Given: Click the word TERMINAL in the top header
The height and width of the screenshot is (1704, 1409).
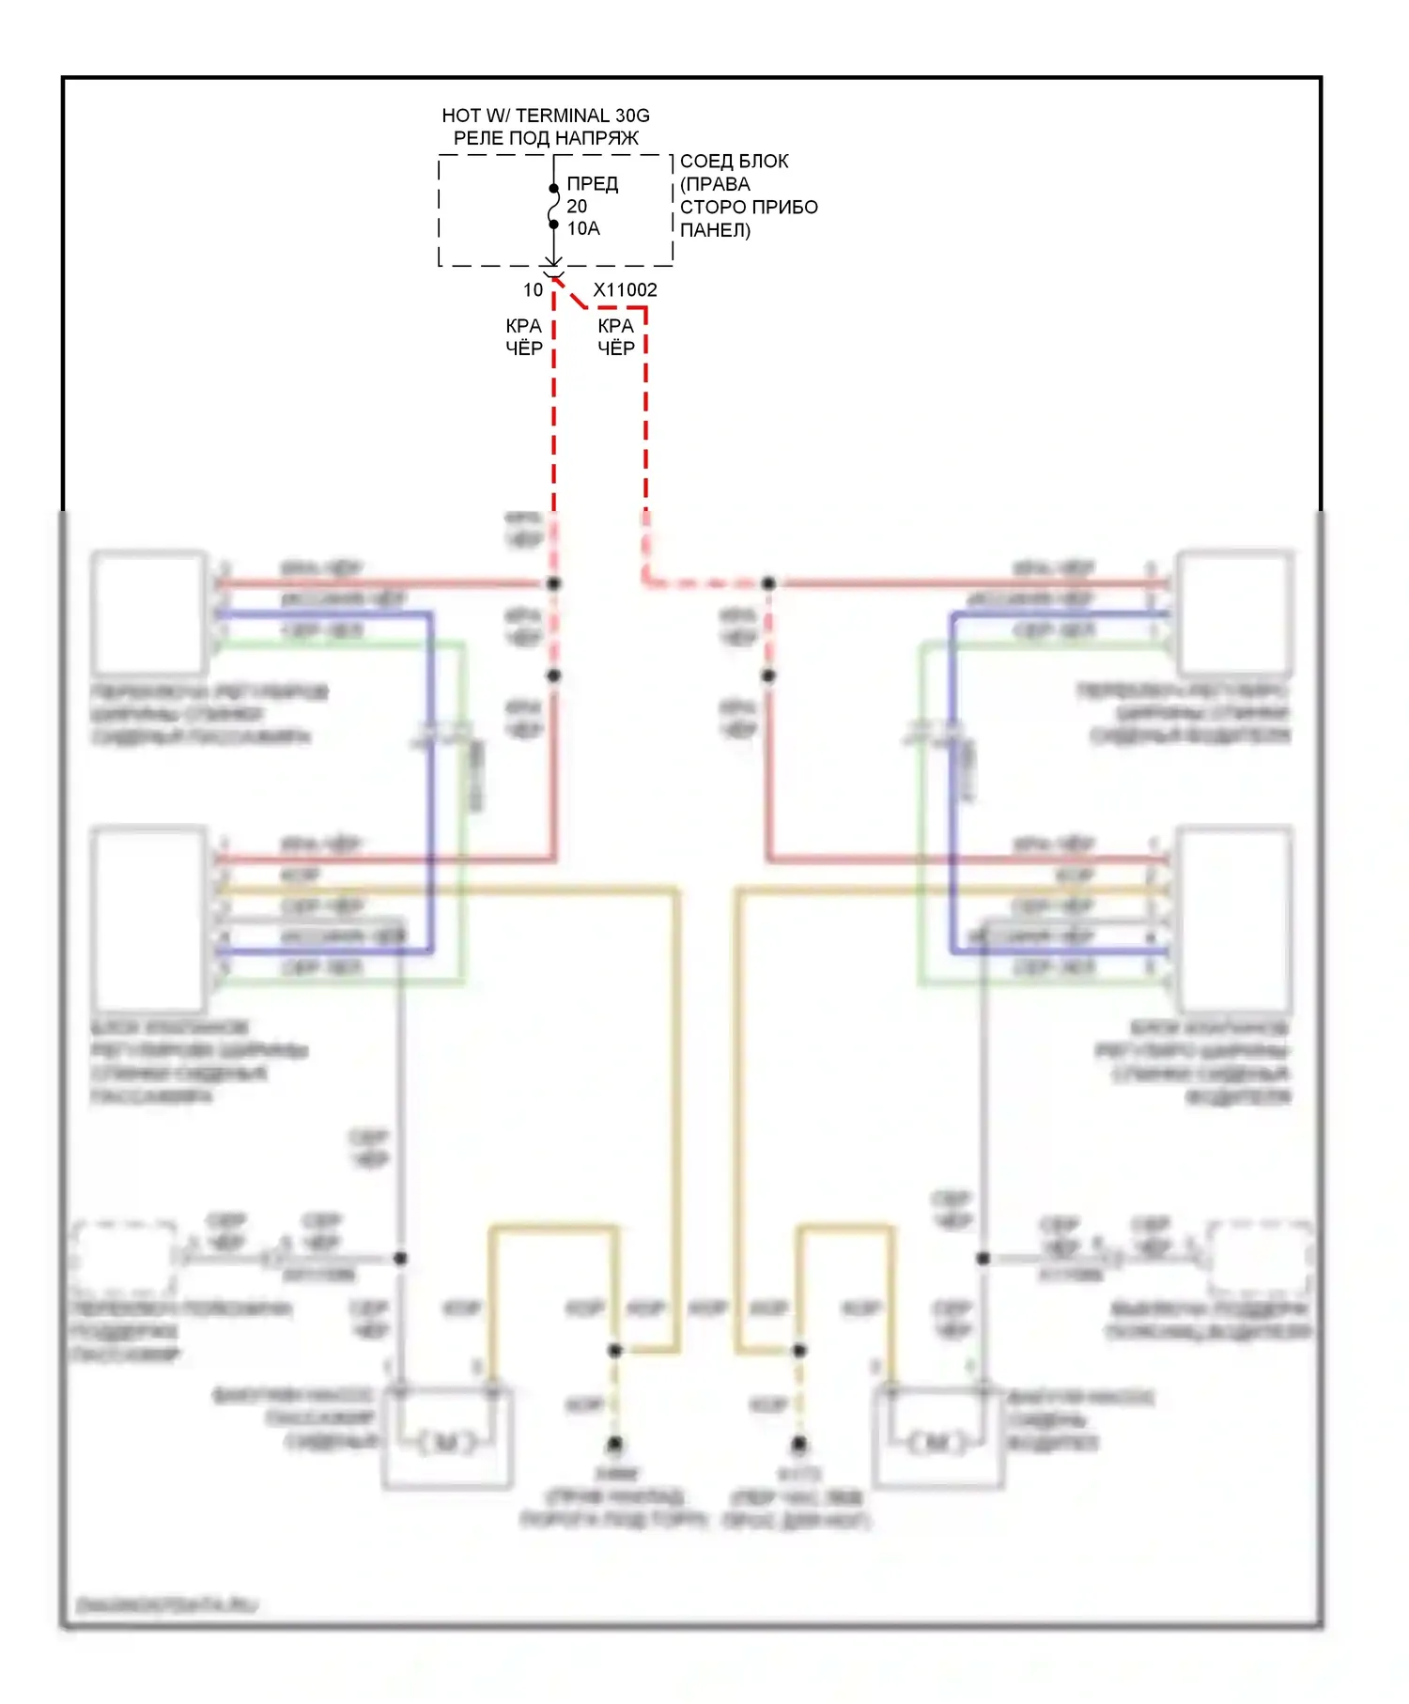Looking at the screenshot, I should pyautogui.click(x=563, y=116).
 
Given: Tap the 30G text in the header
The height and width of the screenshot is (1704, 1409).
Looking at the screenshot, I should pyautogui.click(x=632, y=116).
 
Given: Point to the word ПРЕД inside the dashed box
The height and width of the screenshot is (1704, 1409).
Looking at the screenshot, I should pyautogui.click(x=592, y=183).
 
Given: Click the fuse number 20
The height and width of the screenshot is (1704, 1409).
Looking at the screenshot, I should pyautogui.click(x=577, y=206).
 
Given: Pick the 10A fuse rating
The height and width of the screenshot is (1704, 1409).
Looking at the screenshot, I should pyautogui.click(x=582, y=228).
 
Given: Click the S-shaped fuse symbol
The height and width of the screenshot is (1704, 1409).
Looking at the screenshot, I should pyautogui.click(x=553, y=207).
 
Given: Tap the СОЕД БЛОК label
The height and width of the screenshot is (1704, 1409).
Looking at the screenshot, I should pyautogui.click(x=734, y=162).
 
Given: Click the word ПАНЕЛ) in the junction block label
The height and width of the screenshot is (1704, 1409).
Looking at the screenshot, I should pyautogui.click(x=715, y=230).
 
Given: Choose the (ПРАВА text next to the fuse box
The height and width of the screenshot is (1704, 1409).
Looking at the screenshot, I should pyautogui.click(x=715, y=184).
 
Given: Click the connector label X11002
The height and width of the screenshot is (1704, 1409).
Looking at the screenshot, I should pyautogui.click(x=625, y=290).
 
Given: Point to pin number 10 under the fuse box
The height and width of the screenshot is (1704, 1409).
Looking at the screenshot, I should pyautogui.click(x=533, y=290).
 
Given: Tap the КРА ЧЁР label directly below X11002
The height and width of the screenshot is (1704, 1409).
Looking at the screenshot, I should pyautogui.click(x=616, y=337).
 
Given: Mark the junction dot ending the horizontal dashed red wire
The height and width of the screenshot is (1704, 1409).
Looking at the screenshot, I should pyautogui.click(x=768, y=583).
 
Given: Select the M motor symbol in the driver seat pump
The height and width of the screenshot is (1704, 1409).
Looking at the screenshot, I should pyautogui.click(x=937, y=1442).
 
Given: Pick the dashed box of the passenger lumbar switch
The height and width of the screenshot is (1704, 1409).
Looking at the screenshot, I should pyautogui.click(x=124, y=1259).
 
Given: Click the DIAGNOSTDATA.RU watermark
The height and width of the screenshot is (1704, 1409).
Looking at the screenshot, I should pyautogui.click(x=166, y=1605).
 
